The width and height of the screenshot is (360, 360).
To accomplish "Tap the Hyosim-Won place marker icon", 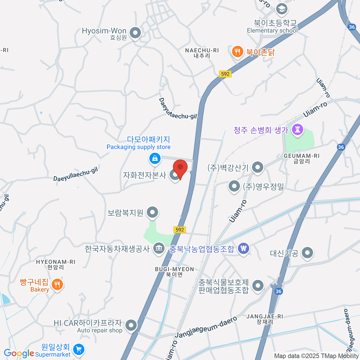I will click(135, 33).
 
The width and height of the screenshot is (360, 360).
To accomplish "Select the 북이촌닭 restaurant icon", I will click(237, 52).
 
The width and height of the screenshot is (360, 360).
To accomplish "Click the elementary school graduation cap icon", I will click(281, 9).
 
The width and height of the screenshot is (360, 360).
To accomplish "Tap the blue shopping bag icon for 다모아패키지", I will click(155, 158).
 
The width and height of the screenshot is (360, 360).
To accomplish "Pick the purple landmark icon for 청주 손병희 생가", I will click(297, 130).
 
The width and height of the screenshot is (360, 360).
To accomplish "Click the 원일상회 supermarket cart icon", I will click(79, 349).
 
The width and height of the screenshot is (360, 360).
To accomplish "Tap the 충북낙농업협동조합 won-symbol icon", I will click(244, 249).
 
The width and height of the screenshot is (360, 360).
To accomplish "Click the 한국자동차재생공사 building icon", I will click(159, 248).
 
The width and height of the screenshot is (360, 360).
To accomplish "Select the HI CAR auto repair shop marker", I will click(131, 325).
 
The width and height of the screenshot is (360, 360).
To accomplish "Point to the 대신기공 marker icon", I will click(307, 253).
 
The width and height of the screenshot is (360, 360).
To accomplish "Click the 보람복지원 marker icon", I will click(152, 212).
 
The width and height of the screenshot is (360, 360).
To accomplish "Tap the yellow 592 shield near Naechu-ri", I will click(225, 74).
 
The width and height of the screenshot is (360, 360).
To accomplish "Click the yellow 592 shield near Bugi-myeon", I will click(180, 230).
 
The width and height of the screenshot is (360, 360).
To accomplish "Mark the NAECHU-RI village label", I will click(202, 53).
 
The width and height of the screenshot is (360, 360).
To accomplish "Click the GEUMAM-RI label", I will click(301, 158).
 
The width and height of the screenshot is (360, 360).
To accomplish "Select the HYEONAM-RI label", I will click(55, 264).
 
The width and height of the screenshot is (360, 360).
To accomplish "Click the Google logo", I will click(19, 353).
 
